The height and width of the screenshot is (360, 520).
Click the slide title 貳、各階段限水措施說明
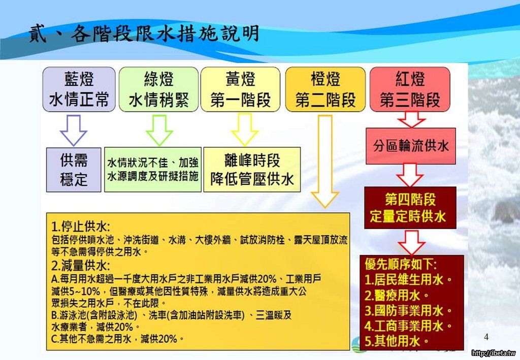coord(144,34)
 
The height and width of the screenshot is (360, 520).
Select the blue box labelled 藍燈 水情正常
coord(79,89)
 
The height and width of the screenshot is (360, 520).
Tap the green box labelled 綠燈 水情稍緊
coord(158,89)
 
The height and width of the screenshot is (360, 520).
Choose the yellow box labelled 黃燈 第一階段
coord(240,89)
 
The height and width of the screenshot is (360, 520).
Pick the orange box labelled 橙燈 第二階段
coord(326,89)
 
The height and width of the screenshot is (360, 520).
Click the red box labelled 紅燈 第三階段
coord(410,89)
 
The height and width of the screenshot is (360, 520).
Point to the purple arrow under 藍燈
coord(74,130)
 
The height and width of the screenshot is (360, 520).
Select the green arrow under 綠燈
coord(159,130)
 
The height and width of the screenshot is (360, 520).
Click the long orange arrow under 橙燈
coord(325,161)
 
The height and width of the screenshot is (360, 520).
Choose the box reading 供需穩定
coord(74,170)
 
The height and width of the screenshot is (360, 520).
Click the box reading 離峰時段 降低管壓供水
coord(252,170)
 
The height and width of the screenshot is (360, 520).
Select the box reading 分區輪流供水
coord(410,146)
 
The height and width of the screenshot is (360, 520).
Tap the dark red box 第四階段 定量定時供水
coord(410,208)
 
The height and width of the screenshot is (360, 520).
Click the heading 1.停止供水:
coord(81,227)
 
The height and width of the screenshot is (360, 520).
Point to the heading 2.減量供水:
coord(81,266)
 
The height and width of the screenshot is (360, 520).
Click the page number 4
coord(486,337)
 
